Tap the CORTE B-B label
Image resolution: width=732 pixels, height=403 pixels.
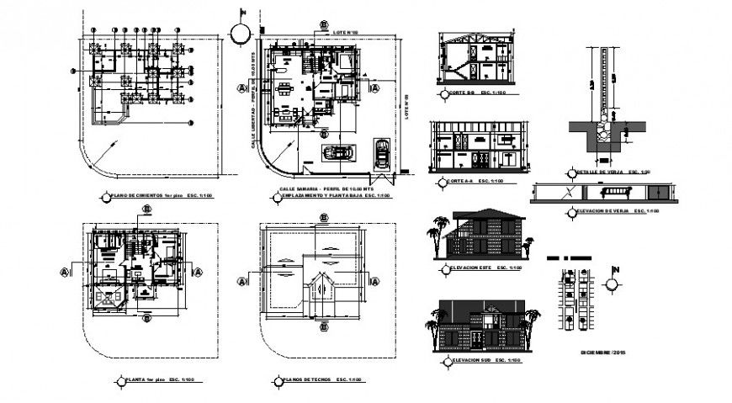[x=464, y=93]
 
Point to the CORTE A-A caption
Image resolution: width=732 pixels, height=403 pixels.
[x=464, y=182]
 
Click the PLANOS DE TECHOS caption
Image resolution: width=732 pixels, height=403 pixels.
[x=311, y=380]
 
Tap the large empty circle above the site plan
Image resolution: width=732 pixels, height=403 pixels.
[x=240, y=32]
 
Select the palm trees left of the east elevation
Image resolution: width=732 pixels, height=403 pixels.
[x=435, y=233]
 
